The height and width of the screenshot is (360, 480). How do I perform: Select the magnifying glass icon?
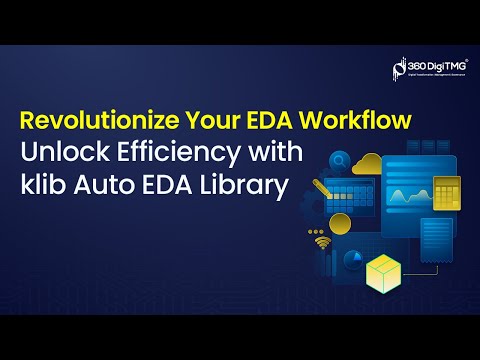click(x=341, y=158)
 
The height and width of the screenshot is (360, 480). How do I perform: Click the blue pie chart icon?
click(x=351, y=260)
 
